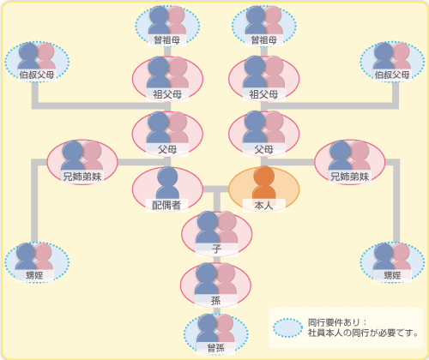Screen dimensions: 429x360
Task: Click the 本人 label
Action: tap(263, 205)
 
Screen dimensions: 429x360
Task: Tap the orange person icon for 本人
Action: tap(264, 183)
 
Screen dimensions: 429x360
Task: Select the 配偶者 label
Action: tap(166, 205)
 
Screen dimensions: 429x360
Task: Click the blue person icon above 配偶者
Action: tap(167, 183)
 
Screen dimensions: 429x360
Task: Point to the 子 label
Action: tap(216, 249)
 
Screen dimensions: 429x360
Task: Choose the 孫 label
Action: tap(216, 300)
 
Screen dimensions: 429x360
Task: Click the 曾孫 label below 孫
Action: tap(216, 348)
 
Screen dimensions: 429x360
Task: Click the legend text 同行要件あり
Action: tap(334, 322)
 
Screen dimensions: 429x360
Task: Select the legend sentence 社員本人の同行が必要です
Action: tap(360, 333)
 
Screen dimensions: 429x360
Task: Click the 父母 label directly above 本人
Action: tap(263, 149)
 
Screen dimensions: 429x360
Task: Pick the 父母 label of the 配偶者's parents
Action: tap(167, 149)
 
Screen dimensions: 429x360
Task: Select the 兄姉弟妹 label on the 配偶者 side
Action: tap(82, 177)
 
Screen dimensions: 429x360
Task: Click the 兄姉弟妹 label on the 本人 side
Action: tap(350, 177)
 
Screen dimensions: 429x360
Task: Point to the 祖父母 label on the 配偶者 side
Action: tap(167, 94)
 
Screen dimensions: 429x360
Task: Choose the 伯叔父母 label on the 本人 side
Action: tap(392, 75)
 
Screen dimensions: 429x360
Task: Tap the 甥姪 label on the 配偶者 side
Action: tap(34, 275)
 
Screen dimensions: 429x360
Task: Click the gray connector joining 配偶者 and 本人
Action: tap(215, 189)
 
